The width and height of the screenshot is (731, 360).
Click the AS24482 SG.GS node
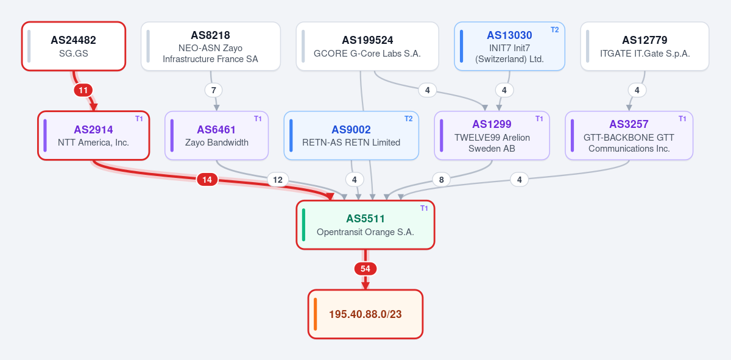[74, 46]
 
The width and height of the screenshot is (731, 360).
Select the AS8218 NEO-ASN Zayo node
[211, 46]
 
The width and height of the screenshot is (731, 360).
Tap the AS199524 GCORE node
[367, 46]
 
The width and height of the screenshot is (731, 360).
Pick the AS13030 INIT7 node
[509, 46]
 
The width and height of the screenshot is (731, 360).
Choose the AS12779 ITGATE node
[644, 46]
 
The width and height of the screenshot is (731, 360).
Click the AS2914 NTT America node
[94, 135]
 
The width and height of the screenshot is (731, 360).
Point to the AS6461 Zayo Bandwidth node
[217, 135]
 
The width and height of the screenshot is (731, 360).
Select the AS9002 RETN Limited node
[351, 135]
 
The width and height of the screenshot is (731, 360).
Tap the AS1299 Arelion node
[492, 135]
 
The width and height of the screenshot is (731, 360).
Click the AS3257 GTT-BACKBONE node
[629, 135]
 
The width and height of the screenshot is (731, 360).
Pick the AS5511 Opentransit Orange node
[365, 225]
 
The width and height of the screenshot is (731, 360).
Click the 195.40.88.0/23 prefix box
[365, 314]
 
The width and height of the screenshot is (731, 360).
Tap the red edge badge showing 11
[83, 90]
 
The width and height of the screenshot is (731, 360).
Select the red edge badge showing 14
[207, 180]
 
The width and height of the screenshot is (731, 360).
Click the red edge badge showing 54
[365, 269]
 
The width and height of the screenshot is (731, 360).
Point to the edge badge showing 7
[213, 90]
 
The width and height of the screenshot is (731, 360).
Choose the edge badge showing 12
[278, 180]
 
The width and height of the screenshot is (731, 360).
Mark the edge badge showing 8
[441, 180]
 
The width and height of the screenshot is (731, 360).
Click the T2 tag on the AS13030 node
[555, 30]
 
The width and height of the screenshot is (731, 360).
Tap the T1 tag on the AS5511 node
[424, 208]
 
